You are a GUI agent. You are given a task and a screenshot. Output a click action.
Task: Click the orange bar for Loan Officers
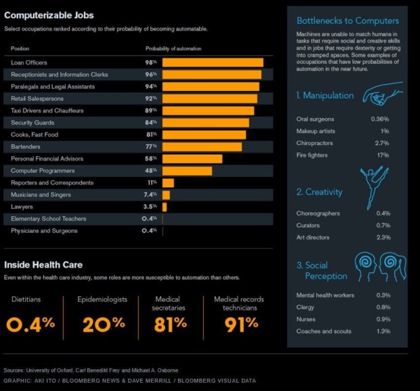213,62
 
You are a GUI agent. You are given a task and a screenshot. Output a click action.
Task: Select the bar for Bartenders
202,147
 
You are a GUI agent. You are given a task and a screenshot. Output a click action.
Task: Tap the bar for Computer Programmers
187,171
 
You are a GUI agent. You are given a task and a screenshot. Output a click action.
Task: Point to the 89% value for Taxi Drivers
150,110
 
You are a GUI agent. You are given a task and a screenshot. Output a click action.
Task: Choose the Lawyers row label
22,207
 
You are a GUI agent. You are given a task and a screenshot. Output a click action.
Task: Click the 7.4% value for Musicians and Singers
150,195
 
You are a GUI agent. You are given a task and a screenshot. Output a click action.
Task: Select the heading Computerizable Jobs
49,15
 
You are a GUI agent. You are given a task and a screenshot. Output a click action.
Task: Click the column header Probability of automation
173,49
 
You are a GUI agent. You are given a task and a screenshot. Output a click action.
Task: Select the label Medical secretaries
168,303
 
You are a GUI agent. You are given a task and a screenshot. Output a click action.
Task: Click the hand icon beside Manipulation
383,96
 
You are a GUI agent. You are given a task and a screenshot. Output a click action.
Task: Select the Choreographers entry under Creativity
318,213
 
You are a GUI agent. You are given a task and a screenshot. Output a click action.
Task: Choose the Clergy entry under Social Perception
306,307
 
